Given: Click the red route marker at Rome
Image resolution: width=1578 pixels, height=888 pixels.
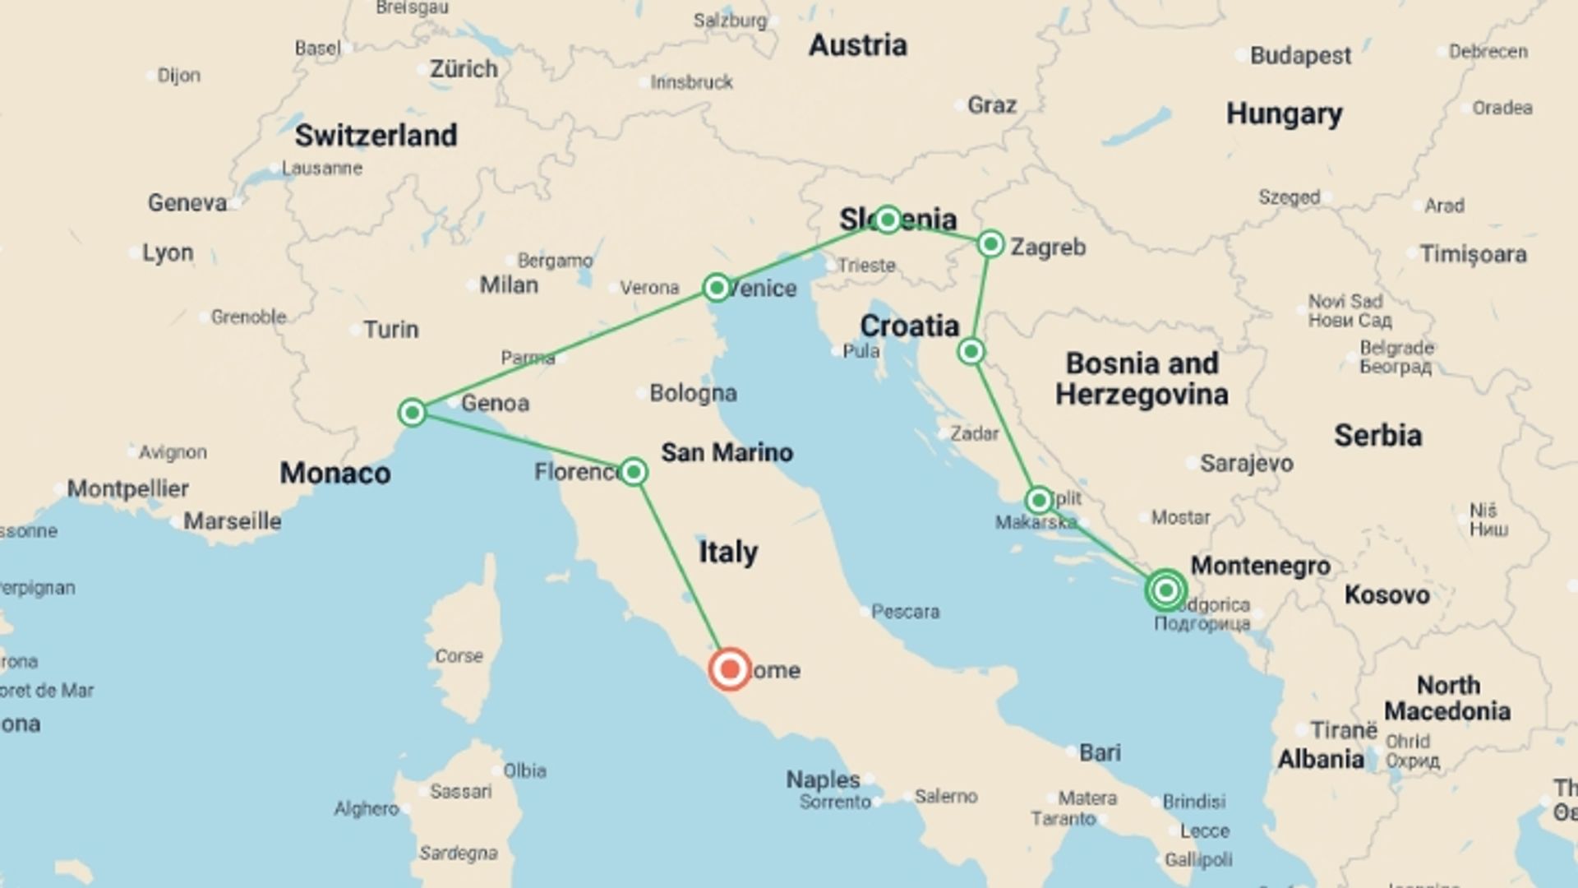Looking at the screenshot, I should (x=730, y=669).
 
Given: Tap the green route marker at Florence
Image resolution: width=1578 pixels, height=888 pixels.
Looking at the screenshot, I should (x=634, y=472).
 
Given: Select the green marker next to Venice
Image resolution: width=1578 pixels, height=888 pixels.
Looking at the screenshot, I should (x=717, y=288).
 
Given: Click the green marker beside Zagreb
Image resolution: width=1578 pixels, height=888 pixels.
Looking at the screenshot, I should (x=991, y=244).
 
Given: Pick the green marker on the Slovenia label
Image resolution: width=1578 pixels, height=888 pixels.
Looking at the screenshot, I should (x=888, y=220).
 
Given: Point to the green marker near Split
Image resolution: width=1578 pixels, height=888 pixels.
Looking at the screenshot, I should (x=1039, y=500).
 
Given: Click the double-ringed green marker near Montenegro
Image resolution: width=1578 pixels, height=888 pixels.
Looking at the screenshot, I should (x=1165, y=590).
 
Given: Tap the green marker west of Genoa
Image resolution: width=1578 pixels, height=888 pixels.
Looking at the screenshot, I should (x=412, y=412).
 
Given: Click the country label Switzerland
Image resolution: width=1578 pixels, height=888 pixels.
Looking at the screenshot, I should (x=376, y=136).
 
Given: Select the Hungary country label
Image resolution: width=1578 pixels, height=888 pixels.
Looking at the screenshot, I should (x=1284, y=113).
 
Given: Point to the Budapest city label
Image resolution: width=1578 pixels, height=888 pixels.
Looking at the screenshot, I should (x=1300, y=56).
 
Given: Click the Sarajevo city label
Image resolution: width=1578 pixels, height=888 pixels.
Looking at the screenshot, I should (x=1246, y=464).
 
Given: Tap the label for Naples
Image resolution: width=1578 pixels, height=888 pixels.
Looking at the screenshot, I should (x=823, y=779).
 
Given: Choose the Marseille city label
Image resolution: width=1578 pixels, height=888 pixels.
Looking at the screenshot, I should (x=232, y=521).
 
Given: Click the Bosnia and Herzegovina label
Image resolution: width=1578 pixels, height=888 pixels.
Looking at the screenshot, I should (x=1142, y=379).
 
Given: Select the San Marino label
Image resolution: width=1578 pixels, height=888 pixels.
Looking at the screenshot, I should (x=727, y=452).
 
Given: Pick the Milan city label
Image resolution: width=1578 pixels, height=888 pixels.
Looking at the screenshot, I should (x=509, y=285).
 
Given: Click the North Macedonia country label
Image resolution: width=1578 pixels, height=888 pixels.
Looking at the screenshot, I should (x=1446, y=698).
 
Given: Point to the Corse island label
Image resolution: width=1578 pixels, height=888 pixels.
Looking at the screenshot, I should (x=459, y=656).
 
